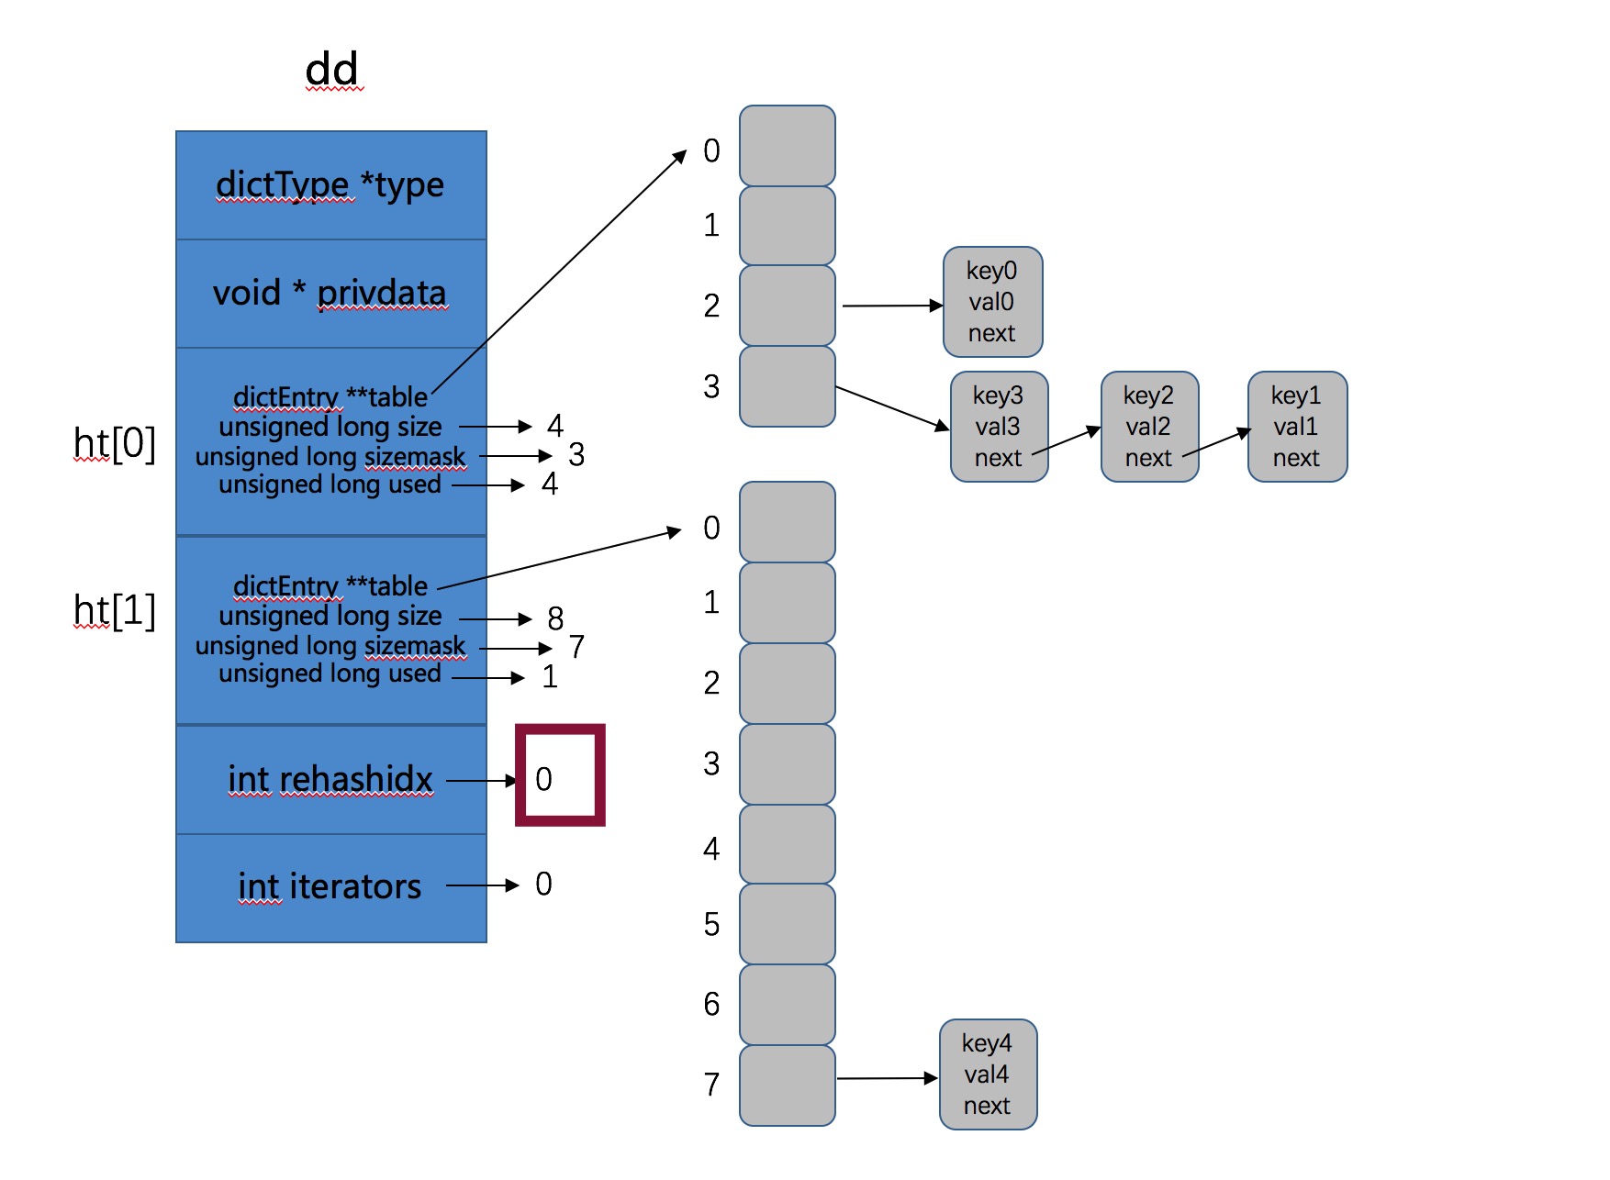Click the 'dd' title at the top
coord(331,70)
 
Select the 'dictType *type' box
coord(330,185)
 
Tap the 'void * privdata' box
coord(330,294)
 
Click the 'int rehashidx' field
coord(330,779)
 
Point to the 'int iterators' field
coord(330,886)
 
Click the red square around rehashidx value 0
coord(560,775)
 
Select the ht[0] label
coord(115,444)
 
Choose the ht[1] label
coord(115,611)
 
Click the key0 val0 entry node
coord(992,302)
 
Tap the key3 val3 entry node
coord(999,427)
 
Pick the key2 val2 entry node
coord(1149,427)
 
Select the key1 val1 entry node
coord(1297,427)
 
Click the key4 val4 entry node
coord(988,1074)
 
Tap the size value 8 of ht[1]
coord(555,619)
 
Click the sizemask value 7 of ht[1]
coord(576,648)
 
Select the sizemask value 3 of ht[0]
coord(576,455)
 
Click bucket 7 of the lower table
coord(787,1085)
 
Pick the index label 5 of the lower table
coord(711,925)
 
